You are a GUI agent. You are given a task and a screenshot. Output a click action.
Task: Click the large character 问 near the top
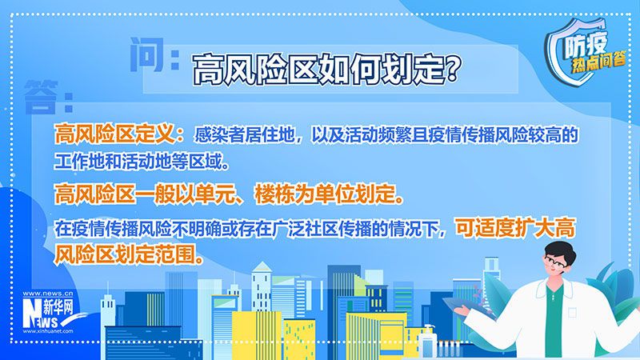click(x=147, y=54)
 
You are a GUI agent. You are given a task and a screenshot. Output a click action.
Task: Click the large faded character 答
click(x=41, y=97)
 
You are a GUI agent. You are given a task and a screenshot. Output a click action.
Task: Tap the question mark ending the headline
click(x=452, y=69)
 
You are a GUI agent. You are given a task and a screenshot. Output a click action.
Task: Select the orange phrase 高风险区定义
click(x=115, y=134)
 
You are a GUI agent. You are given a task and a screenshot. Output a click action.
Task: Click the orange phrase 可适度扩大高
click(x=515, y=227)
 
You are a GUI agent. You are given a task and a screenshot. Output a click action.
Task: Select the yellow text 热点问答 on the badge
click(x=598, y=63)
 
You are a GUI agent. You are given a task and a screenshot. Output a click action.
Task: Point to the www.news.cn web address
click(x=48, y=294)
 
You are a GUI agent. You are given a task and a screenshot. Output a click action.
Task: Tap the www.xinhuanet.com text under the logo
click(x=48, y=331)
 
